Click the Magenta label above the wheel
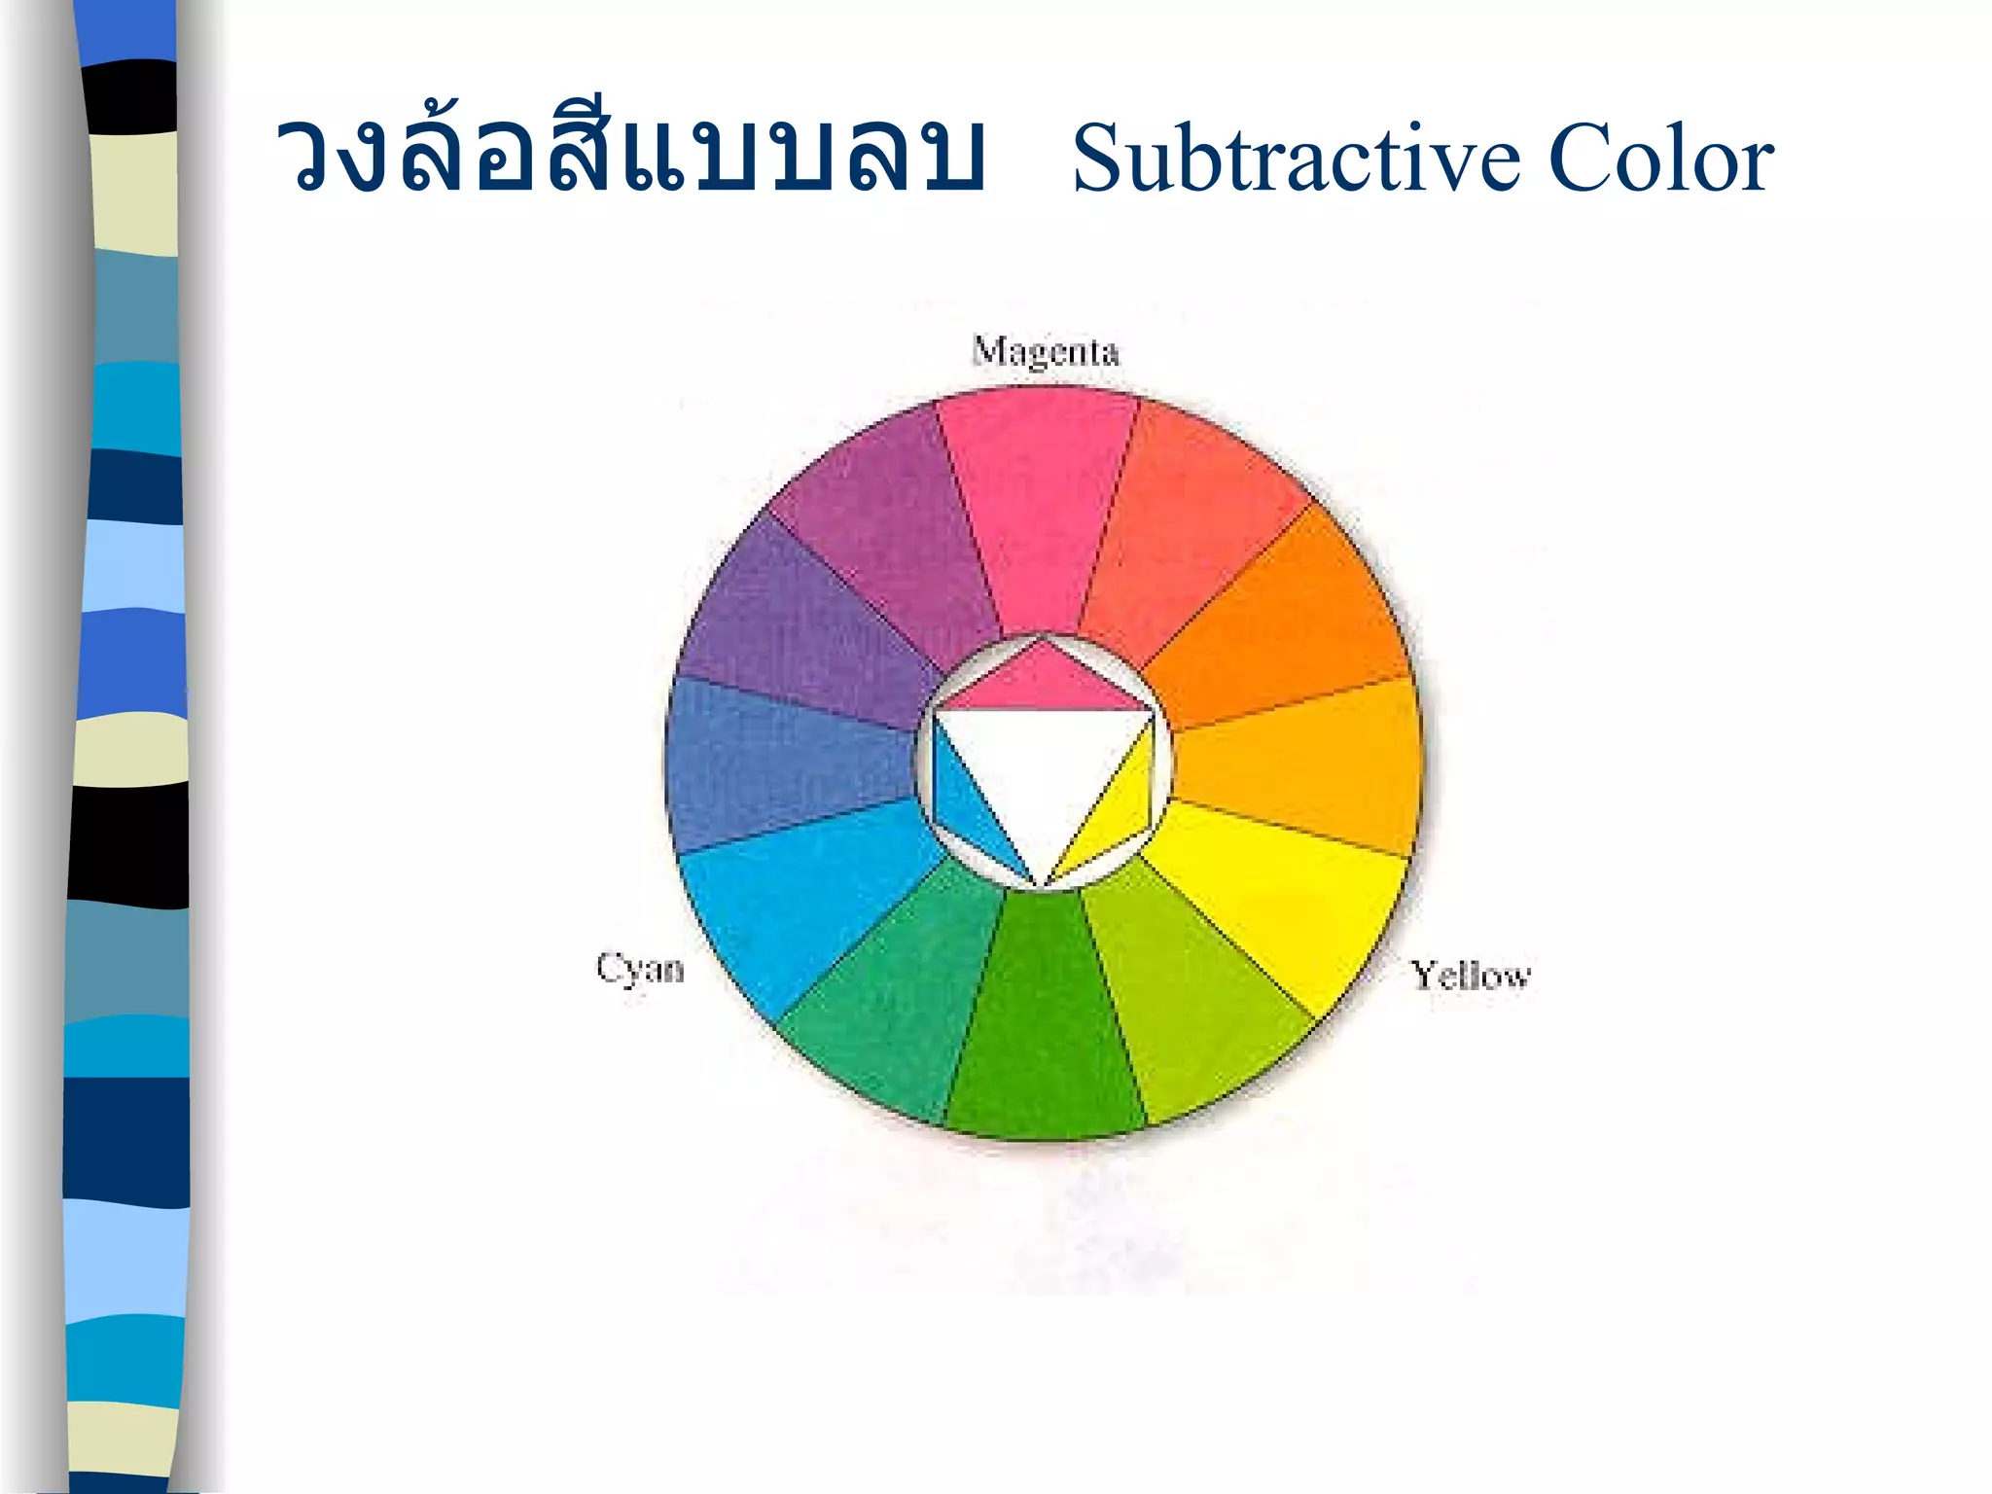[x=1046, y=351]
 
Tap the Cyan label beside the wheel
[x=640, y=969]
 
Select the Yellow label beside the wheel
[x=1471, y=975]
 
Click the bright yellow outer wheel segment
[x=1284, y=905]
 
